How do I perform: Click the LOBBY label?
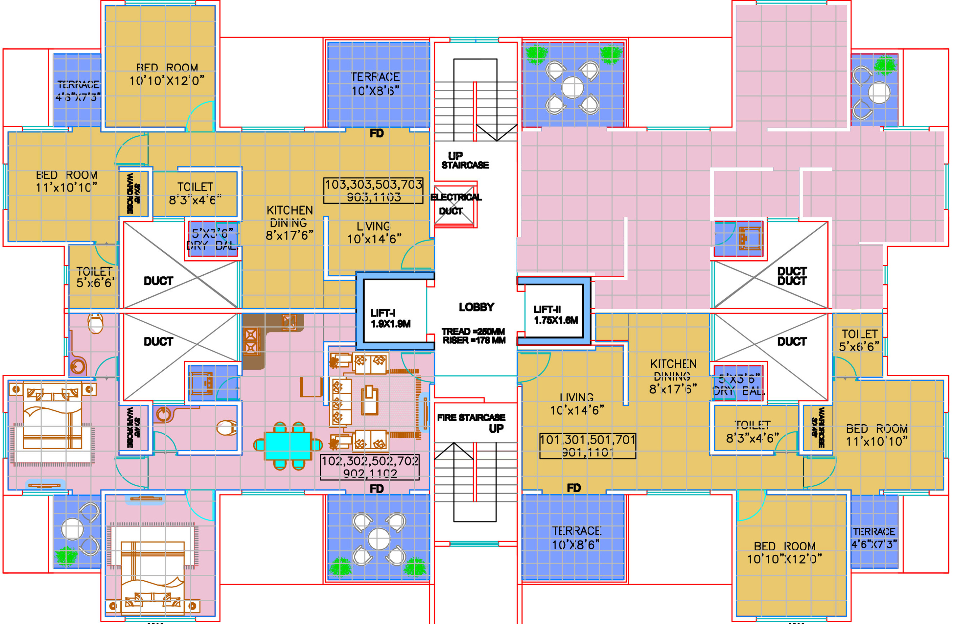(476, 307)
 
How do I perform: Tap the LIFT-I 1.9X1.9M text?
(390, 318)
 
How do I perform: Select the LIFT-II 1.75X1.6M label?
(555, 315)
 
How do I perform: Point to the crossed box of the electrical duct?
(454, 205)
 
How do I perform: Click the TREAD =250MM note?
(473, 332)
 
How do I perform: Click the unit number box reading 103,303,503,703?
(373, 191)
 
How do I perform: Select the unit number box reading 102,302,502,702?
(370, 467)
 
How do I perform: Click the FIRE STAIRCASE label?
(471, 418)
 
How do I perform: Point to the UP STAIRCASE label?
(464, 160)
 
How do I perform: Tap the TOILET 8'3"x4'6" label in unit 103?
(195, 194)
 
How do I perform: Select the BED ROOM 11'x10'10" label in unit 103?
(66, 181)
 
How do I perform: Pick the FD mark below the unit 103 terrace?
(376, 133)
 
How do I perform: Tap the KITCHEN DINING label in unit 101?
(673, 377)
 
